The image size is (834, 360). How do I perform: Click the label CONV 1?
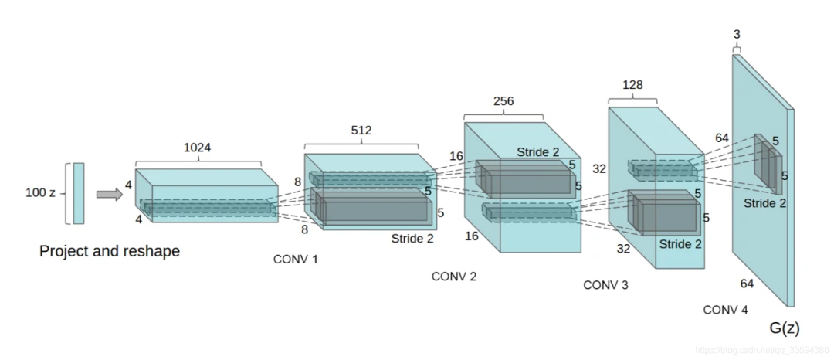pos(296,260)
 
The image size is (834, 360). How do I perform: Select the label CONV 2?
pos(454,277)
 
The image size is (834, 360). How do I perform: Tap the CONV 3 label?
pos(605,285)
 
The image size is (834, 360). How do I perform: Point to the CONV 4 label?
pos(725,310)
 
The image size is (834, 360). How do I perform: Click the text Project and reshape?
pos(110,251)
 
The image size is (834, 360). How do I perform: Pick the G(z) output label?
pos(785,328)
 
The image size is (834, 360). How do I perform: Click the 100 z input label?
pos(40,192)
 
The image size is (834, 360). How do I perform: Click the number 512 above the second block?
pos(361,131)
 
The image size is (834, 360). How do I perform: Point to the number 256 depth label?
pos(503,101)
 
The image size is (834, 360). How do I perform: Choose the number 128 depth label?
pos(632,86)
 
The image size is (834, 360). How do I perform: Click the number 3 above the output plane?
pos(737,34)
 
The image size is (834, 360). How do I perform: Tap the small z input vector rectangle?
pos(79,192)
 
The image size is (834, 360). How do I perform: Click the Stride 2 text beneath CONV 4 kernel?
pos(764,203)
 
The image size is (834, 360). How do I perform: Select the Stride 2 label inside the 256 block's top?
pos(538,152)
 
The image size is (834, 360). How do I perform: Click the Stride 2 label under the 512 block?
pos(412,239)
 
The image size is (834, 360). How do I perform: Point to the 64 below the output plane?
pos(747,284)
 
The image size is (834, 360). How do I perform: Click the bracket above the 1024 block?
pos(198,161)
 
